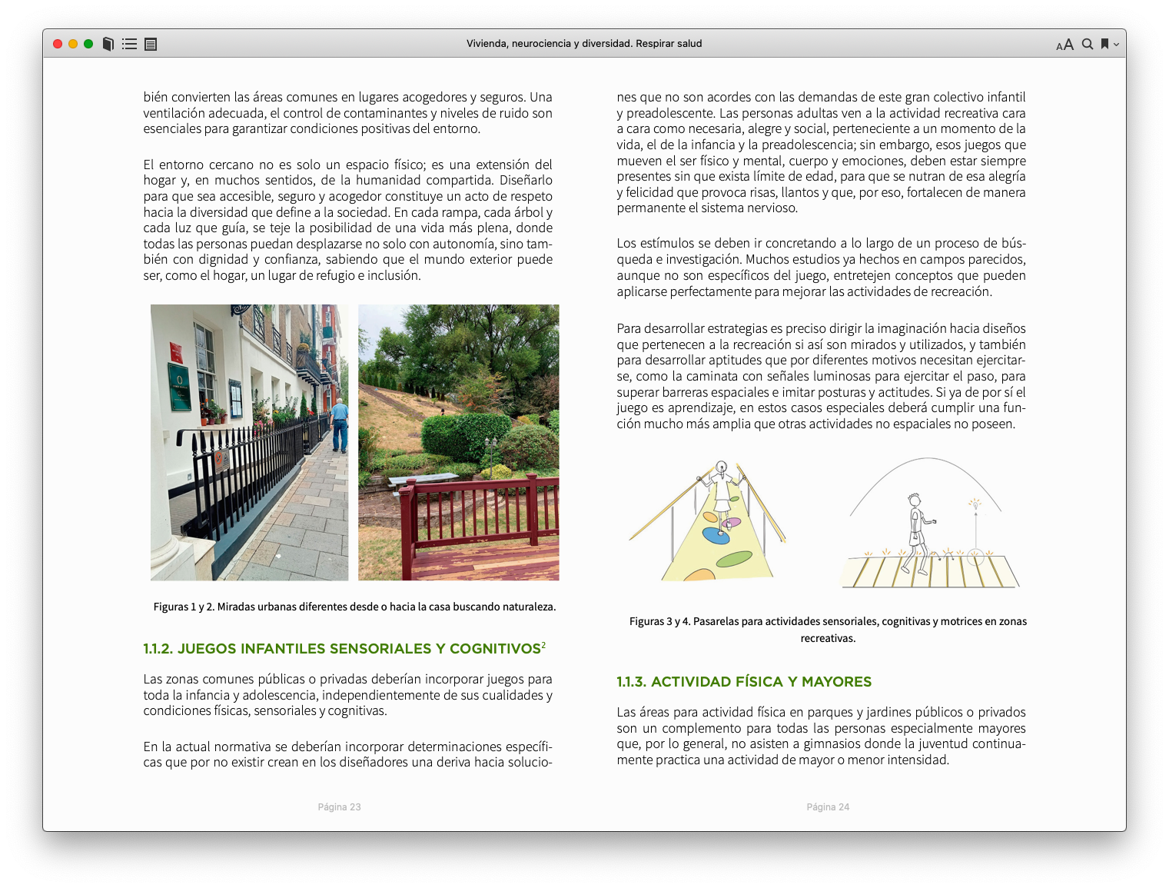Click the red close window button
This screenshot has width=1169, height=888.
pos(58,44)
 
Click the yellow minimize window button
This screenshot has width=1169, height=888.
pos(73,44)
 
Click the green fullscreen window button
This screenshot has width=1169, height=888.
pos(88,44)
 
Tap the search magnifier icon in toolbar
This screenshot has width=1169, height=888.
pos(1088,44)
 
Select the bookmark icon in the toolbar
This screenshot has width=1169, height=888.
pos(1104,44)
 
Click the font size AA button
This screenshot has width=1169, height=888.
pos(1064,45)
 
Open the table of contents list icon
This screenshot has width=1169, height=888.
pos(129,44)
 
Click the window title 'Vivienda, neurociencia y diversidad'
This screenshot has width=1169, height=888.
pos(584,44)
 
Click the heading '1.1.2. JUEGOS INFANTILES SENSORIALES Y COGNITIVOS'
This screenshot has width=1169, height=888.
pos(342,649)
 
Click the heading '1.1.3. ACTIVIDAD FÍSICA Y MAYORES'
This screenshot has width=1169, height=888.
pos(744,682)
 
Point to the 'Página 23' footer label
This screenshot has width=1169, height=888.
pos(339,807)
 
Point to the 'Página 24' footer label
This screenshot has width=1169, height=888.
pos(828,807)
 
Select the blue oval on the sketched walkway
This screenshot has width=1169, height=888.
pos(717,537)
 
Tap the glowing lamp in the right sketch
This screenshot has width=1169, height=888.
pos(975,504)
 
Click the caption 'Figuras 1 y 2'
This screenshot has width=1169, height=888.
pos(354,607)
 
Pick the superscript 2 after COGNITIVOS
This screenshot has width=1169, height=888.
pos(543,645)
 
